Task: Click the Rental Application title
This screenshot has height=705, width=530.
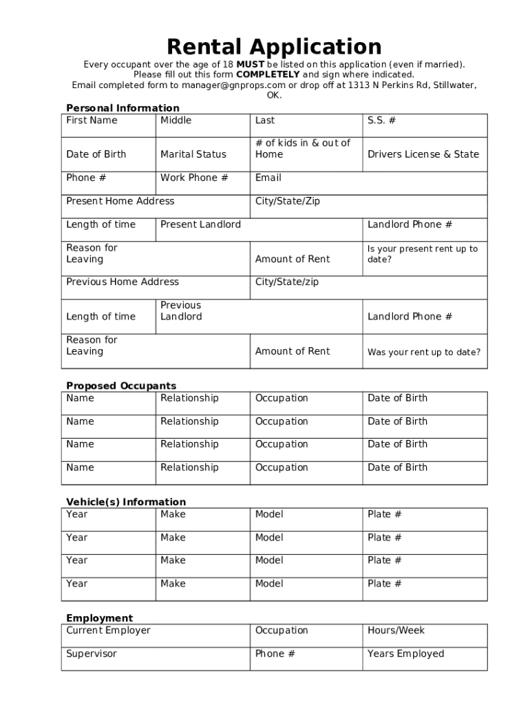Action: coord(274,47)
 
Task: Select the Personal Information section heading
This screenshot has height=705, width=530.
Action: coord(123,108)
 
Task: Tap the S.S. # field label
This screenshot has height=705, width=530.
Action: coord(381,120)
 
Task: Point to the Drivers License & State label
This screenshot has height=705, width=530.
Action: coord(423,154)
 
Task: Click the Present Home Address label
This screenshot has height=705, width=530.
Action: coord(120,201)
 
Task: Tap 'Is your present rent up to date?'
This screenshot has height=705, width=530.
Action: coord(422,254)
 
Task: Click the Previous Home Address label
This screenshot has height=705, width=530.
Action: coord(123,282)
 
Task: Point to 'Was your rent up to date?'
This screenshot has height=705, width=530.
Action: coord(423,352)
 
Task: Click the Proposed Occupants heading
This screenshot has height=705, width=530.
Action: coord(121,386)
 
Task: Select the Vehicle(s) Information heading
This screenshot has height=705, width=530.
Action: coord(126,502)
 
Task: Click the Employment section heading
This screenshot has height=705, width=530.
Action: coord(100,618)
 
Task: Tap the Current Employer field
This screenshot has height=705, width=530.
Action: coord(108,631)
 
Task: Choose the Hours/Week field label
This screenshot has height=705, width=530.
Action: coord(396,631)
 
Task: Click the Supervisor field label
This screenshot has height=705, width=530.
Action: coord(92,654)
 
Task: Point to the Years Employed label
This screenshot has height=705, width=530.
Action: coord(405,654)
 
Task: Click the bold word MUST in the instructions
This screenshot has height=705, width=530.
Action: coord(250,65)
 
